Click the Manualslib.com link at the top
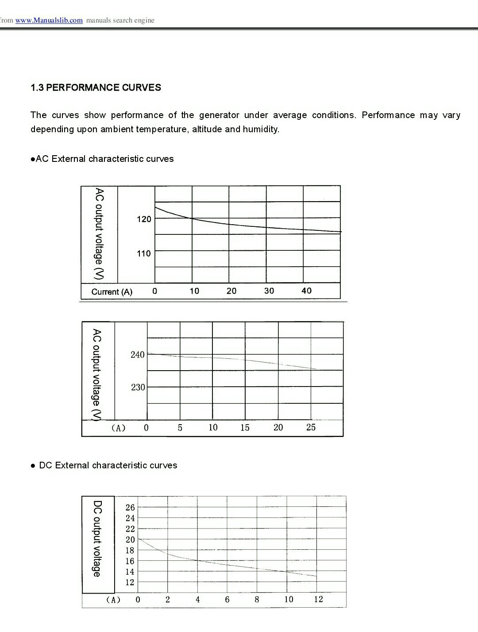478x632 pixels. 49,20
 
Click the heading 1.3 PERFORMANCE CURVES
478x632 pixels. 96,88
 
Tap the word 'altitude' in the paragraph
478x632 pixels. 207,129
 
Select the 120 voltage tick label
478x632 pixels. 144,219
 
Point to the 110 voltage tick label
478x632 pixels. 144,253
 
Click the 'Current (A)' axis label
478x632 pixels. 112,292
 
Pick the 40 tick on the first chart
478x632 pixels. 306,291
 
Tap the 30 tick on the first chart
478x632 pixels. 269,291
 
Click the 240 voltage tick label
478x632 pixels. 138,355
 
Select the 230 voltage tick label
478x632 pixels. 138,387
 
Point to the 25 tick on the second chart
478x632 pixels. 311,427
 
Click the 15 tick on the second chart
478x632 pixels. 245,428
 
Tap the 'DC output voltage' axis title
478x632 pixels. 97,539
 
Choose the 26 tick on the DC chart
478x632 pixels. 130,508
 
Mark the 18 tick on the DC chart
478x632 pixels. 130,551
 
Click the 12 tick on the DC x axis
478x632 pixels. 318,599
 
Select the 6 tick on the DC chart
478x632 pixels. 227,600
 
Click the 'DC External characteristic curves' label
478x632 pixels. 108,465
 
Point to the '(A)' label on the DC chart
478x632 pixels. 113,600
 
